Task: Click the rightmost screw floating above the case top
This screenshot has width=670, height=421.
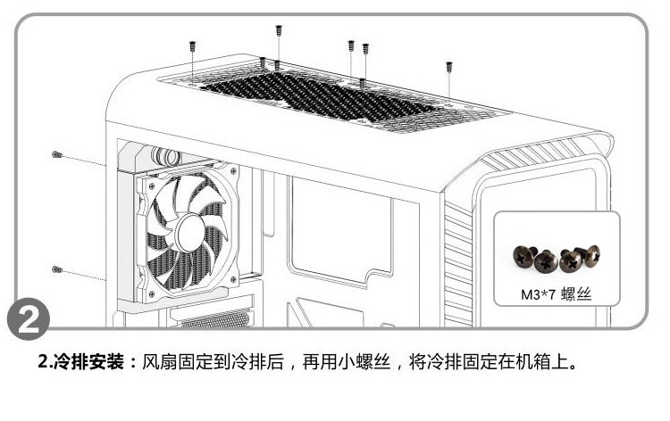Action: pos(448,67)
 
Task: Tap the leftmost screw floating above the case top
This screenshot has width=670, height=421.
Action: pos(193,45)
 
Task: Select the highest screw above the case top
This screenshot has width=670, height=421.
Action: pos(279,31)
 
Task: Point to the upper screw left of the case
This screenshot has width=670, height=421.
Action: pos(57,155)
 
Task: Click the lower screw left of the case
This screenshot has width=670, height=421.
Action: pos(57,268)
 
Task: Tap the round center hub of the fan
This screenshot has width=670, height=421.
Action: pos(188,233)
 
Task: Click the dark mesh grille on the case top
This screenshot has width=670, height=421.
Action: pos(322,97)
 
